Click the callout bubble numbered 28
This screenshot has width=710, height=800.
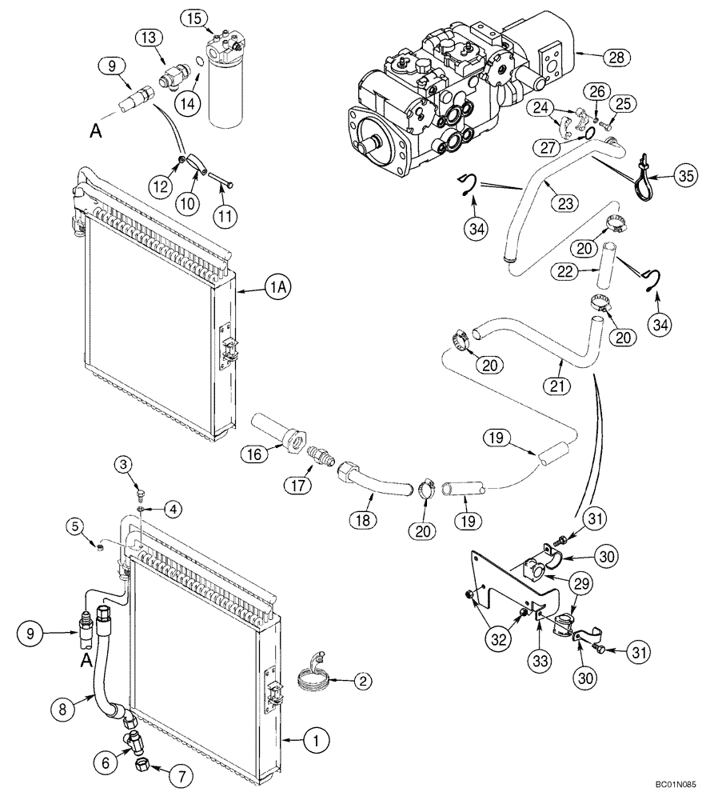[x=616, y=58]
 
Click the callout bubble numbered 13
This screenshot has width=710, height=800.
[x=151, y=38]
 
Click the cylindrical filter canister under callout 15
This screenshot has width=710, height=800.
[x=225, y=88]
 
